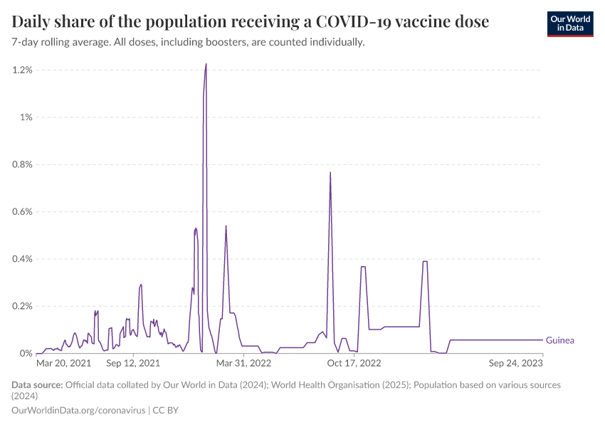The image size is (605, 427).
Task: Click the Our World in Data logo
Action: click(569, 23)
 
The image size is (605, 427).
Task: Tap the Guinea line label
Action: click(559, 340)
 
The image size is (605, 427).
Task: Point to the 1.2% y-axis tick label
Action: click(22, 70)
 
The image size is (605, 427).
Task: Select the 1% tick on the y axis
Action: click(26, 117)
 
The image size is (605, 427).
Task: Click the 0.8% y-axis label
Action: click(22, 164)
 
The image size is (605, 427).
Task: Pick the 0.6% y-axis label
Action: click(22, 211)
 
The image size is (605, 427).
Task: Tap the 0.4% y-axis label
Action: click(22, 259)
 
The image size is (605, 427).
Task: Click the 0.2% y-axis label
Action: click(22, 306)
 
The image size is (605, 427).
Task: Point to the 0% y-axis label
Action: click(26, 354)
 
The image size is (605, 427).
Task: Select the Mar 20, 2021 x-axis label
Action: click(63, 363)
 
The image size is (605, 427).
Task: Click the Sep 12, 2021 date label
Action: click(133, 363)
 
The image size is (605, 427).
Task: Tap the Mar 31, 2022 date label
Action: click(244, 363)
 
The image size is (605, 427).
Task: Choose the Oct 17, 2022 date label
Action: click(354, 363)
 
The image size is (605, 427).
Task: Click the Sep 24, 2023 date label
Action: click(516, 363)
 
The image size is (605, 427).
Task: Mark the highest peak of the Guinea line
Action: click(206, 64)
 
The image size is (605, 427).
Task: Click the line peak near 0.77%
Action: click(330, 172)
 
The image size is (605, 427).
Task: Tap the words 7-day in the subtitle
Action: click(26, 42)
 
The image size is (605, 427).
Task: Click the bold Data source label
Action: click(37, 385)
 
